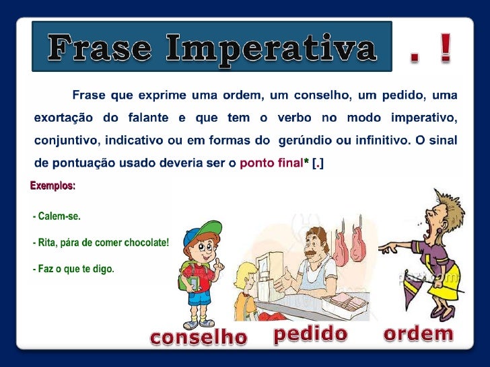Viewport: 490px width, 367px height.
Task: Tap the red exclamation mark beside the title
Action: [x=446, y=50]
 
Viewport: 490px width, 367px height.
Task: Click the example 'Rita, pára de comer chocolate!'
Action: [x=101, y=243]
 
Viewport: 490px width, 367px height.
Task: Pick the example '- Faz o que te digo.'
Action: [x=73, y=269]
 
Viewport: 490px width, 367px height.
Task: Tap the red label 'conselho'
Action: [x=199, y=337]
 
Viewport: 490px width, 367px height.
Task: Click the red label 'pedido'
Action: [x=310, y=334]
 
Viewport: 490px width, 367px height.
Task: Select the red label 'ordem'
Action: [x=418, y=333]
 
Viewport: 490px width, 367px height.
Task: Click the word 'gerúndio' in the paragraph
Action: [x=314, y=141]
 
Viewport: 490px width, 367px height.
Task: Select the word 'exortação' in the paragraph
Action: [x=63, y=119]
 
